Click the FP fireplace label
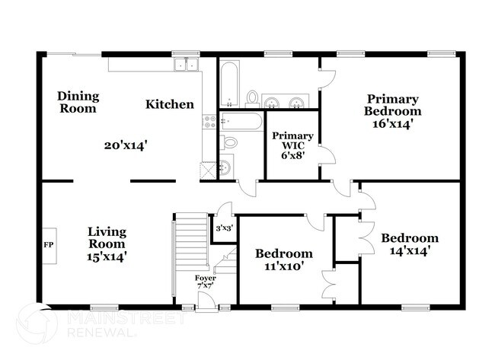click(x=47, y=246)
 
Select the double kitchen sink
click(x=187, y=65)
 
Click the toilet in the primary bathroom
click(x=252, y=97)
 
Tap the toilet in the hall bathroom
click(x=230, y=142)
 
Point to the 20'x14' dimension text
click(x=126, y=144)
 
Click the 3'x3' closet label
click(x=223, y=228)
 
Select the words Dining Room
click(x=78, y=102)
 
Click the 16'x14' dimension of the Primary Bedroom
click(x=392, y=125)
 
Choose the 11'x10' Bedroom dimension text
click(x=283, y=267)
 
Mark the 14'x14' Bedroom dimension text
click(x=410, y=250)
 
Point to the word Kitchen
click(x=170, y=104)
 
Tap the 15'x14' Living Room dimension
click(x=107, y=256)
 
